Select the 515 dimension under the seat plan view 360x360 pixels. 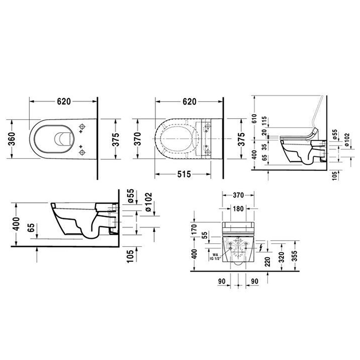point(185,174)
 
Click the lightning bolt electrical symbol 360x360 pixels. point(262,248)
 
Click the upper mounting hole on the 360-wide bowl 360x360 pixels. point(82,127)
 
